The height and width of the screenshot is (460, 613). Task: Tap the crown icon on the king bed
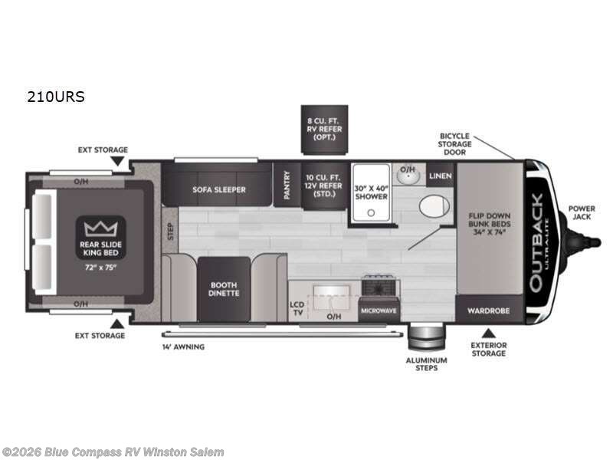point(98,228)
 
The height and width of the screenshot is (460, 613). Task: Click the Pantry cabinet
point(286,186)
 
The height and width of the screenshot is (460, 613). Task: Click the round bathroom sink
point(407,176)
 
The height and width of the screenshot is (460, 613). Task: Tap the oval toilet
point(434,206)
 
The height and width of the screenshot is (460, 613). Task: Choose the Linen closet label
point(441,177)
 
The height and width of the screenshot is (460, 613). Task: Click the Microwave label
point(379,310)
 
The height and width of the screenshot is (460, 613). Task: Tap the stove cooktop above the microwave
point(379,287)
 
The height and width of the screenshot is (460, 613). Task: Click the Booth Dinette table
point(225,288)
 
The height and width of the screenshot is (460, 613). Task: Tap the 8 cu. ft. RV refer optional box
point(323,130)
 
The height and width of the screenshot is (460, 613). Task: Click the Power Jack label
point(582,212)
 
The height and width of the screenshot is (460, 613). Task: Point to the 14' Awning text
point(183,347)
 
